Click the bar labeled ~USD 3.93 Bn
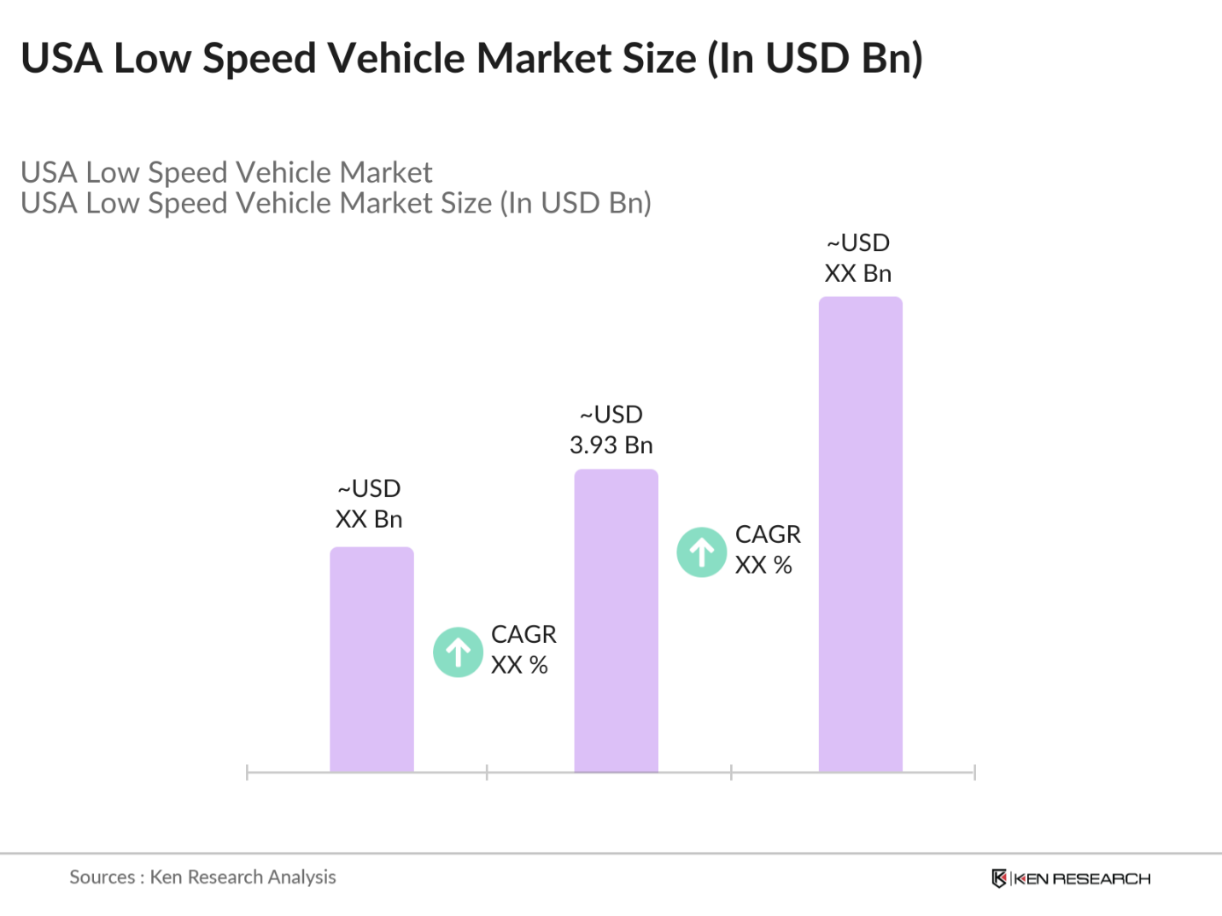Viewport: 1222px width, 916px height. [x=616, y=621]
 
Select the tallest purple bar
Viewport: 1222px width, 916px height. [x=860, y=534]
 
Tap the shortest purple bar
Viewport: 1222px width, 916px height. [x=371, y=659]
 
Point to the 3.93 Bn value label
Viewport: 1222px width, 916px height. [x=611, y=445]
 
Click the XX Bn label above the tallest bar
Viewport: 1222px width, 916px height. [x=858, y=273]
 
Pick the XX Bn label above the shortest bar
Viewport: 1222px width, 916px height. [x=369, y=519]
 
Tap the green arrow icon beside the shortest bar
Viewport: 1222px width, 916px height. [x=459, y=652]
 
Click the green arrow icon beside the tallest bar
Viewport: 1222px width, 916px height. [x=702, y=552]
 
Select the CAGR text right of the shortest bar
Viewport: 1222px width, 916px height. [x=523, y=634]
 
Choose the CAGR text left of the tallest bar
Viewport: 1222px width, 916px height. [x=768, y=534]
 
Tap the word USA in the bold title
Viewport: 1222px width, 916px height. [x=61, y=58]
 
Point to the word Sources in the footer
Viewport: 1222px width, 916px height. [x=102, y=877]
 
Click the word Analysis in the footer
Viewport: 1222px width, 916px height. [x=301, y=877]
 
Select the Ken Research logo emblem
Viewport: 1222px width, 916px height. [x=999, y=878]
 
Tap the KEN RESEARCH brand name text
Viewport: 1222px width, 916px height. [x=1082, y=878]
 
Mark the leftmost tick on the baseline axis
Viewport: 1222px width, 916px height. [x=247, y=773]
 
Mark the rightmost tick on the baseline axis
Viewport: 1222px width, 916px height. [x=974, y=773]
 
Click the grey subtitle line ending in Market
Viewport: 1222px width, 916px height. [x=226, y=172]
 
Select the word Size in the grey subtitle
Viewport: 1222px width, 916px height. [x=465, y=203]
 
